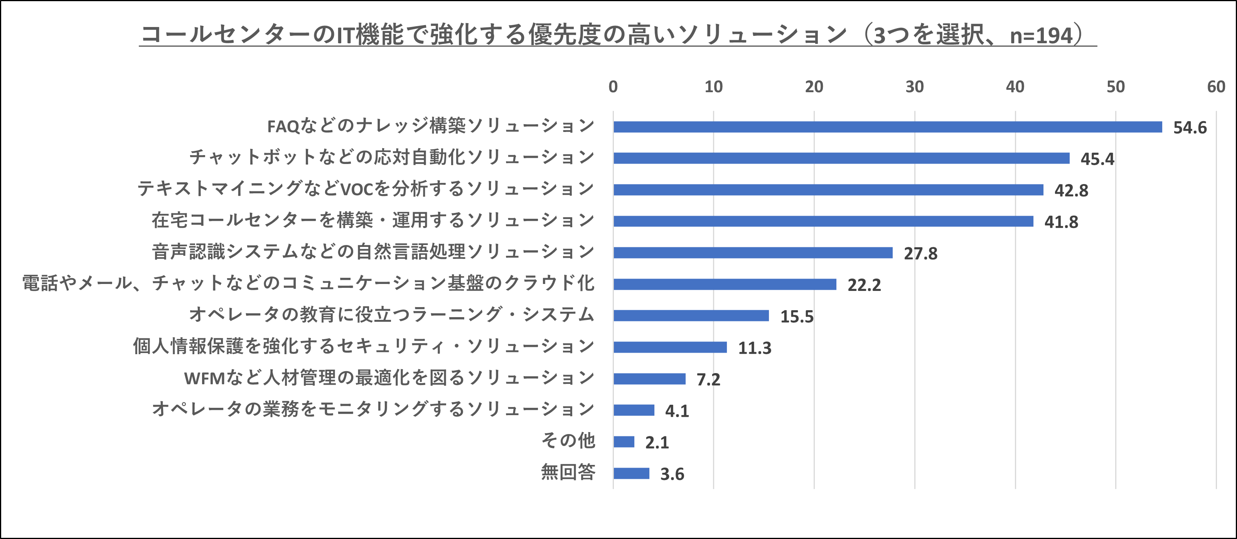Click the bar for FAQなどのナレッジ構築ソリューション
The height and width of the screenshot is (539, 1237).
[x=887, y=127]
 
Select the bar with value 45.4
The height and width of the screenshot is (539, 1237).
[x=841, y=159]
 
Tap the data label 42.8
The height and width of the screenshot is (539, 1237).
[x=1071, y=191]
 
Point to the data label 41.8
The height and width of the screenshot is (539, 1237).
[x=1061, y=222]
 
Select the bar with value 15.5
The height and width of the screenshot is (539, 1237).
[x=691, y=316]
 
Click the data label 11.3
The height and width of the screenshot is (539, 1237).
[x=754, y=348]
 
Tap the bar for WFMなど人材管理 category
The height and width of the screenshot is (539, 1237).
[x=649, y=379]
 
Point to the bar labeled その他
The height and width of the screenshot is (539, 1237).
[x=624, y=442]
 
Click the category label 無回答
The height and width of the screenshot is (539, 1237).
[x=568, y=473]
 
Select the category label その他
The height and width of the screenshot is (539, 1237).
[x=568, y=441]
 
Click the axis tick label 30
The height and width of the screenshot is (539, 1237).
[x=914, y=87]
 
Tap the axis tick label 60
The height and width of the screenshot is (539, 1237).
[x=1216, y=87]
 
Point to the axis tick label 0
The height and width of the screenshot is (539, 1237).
[x=613, y=87]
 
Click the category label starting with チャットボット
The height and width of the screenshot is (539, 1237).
[x=392, y=157]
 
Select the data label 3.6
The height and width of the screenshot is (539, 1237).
[x=672, y=474]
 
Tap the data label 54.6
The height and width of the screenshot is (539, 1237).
[x=1190, y=128]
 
